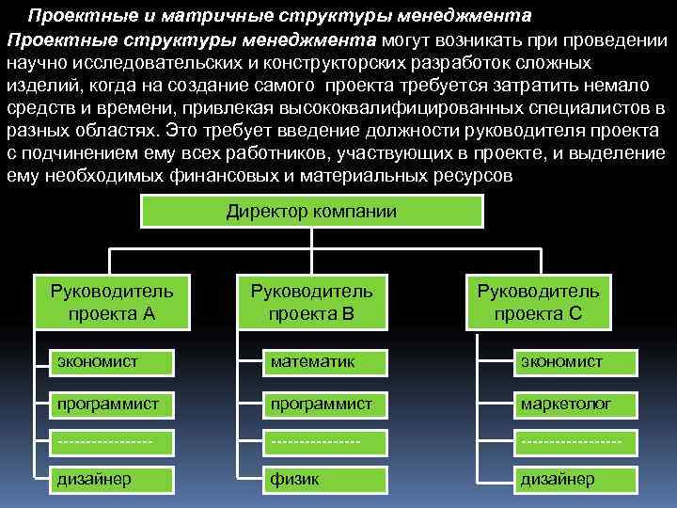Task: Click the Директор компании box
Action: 311,212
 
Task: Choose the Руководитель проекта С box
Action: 538,302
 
